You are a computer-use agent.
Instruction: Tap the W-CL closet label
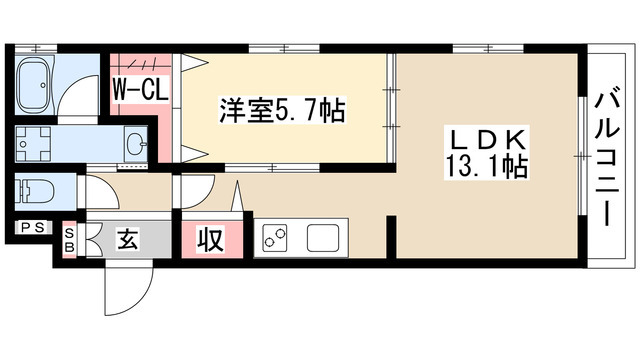coord(138,89)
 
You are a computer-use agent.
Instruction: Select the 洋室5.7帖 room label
coord(282,110)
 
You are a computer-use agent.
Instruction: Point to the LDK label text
coord(487,141)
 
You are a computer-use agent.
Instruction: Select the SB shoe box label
coord(69,240)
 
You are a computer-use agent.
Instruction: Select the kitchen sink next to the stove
coord(324,239)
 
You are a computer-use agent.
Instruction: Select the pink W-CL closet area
coord(139,100)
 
